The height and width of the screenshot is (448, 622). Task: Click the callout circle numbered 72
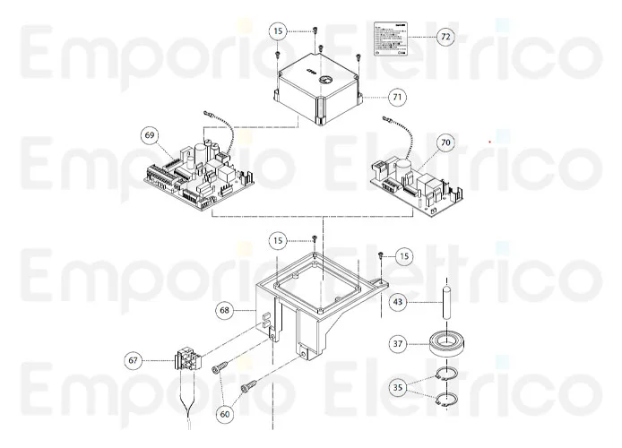pyautogui.click(x=445, y=37)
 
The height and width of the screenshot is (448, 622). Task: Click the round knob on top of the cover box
pyautogui.click(x=323, y=80)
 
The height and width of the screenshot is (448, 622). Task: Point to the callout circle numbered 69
pyautogui.click(x=151, y=135)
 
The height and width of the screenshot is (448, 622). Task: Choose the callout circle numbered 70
pyautogui.click(x=445, y=142)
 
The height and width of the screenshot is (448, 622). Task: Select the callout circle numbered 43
pyautogui.click(x=399, y=303)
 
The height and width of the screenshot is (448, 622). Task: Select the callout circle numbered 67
pyautogui.click(x=134, y=360)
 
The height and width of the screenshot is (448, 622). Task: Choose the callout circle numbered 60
pyautogui.click(x=224, y=413)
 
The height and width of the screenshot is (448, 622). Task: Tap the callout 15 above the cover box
pyautogui.click(x=279, y=30)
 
